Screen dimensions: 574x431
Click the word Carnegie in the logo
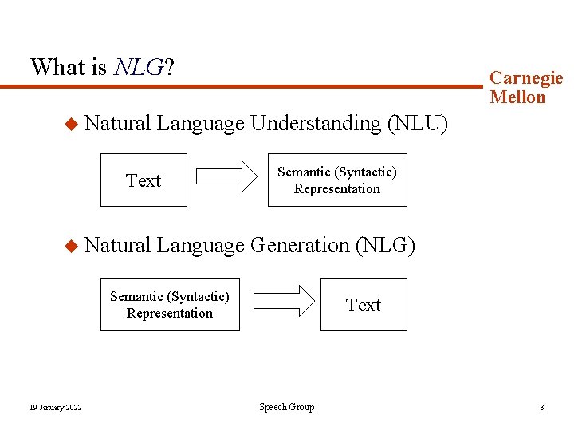526,78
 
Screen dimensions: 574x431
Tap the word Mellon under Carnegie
518,97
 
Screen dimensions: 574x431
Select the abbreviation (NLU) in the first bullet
417,124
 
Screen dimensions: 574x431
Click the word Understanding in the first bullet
315,124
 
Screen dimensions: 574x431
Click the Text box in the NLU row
144,180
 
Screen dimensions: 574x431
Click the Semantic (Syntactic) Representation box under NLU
336,180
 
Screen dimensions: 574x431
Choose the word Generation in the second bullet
300,246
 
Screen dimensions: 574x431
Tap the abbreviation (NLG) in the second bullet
385,246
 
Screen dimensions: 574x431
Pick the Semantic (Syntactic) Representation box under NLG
170,305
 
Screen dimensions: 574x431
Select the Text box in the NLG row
364,305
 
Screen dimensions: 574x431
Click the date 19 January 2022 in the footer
55,408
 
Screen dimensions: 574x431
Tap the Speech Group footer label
287,407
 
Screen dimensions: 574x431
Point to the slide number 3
542,408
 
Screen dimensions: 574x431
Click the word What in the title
57,66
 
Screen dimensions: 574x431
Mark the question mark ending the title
169,66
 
